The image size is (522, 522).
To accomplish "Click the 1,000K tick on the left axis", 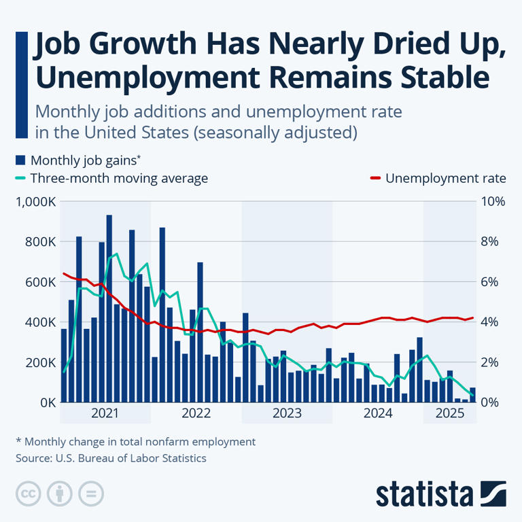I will pos(34,202).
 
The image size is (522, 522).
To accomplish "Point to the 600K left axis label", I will pos(39,282).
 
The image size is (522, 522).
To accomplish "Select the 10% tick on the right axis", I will pos(494,202).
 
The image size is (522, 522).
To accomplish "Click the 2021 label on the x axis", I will pos(105,413).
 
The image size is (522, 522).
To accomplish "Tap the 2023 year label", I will pos(287,413).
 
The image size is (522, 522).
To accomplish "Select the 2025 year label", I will pos(450,413).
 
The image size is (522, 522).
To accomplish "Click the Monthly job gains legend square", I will pos(20,160).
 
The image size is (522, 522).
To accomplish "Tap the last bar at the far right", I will pos(472,395).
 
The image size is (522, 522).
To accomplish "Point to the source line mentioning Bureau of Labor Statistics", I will pos(111,458).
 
